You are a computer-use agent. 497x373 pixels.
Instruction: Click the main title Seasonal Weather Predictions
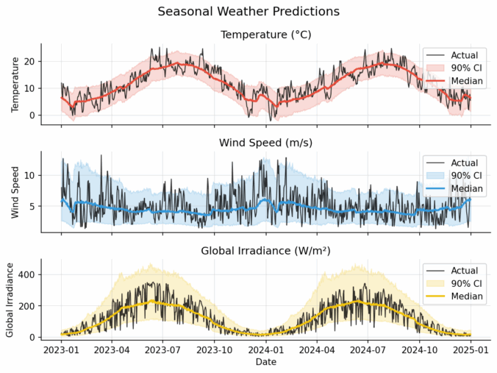(x=248, y=12)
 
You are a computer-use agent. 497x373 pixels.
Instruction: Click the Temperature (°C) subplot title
(x=265, y=34)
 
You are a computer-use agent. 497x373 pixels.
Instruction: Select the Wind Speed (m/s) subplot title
(x=265, y=142)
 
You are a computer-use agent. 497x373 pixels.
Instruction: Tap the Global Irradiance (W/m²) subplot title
(x=265, y=251)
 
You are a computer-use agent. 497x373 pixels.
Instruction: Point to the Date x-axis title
(x=265, y=362)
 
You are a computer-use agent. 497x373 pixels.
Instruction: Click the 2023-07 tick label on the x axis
(x=163, y=350)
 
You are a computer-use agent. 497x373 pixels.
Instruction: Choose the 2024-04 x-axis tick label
(x=317, y=350)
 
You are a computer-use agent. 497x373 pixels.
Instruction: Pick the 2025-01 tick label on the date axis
(x=471, y=350)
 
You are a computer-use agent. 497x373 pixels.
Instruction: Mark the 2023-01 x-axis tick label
(x=61, y=350)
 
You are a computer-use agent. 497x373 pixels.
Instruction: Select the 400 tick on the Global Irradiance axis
(x=26, y=274)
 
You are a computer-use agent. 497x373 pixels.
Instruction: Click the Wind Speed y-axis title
(x=15, y=192)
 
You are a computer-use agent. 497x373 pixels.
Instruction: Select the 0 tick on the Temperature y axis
(x=32, y=116)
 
